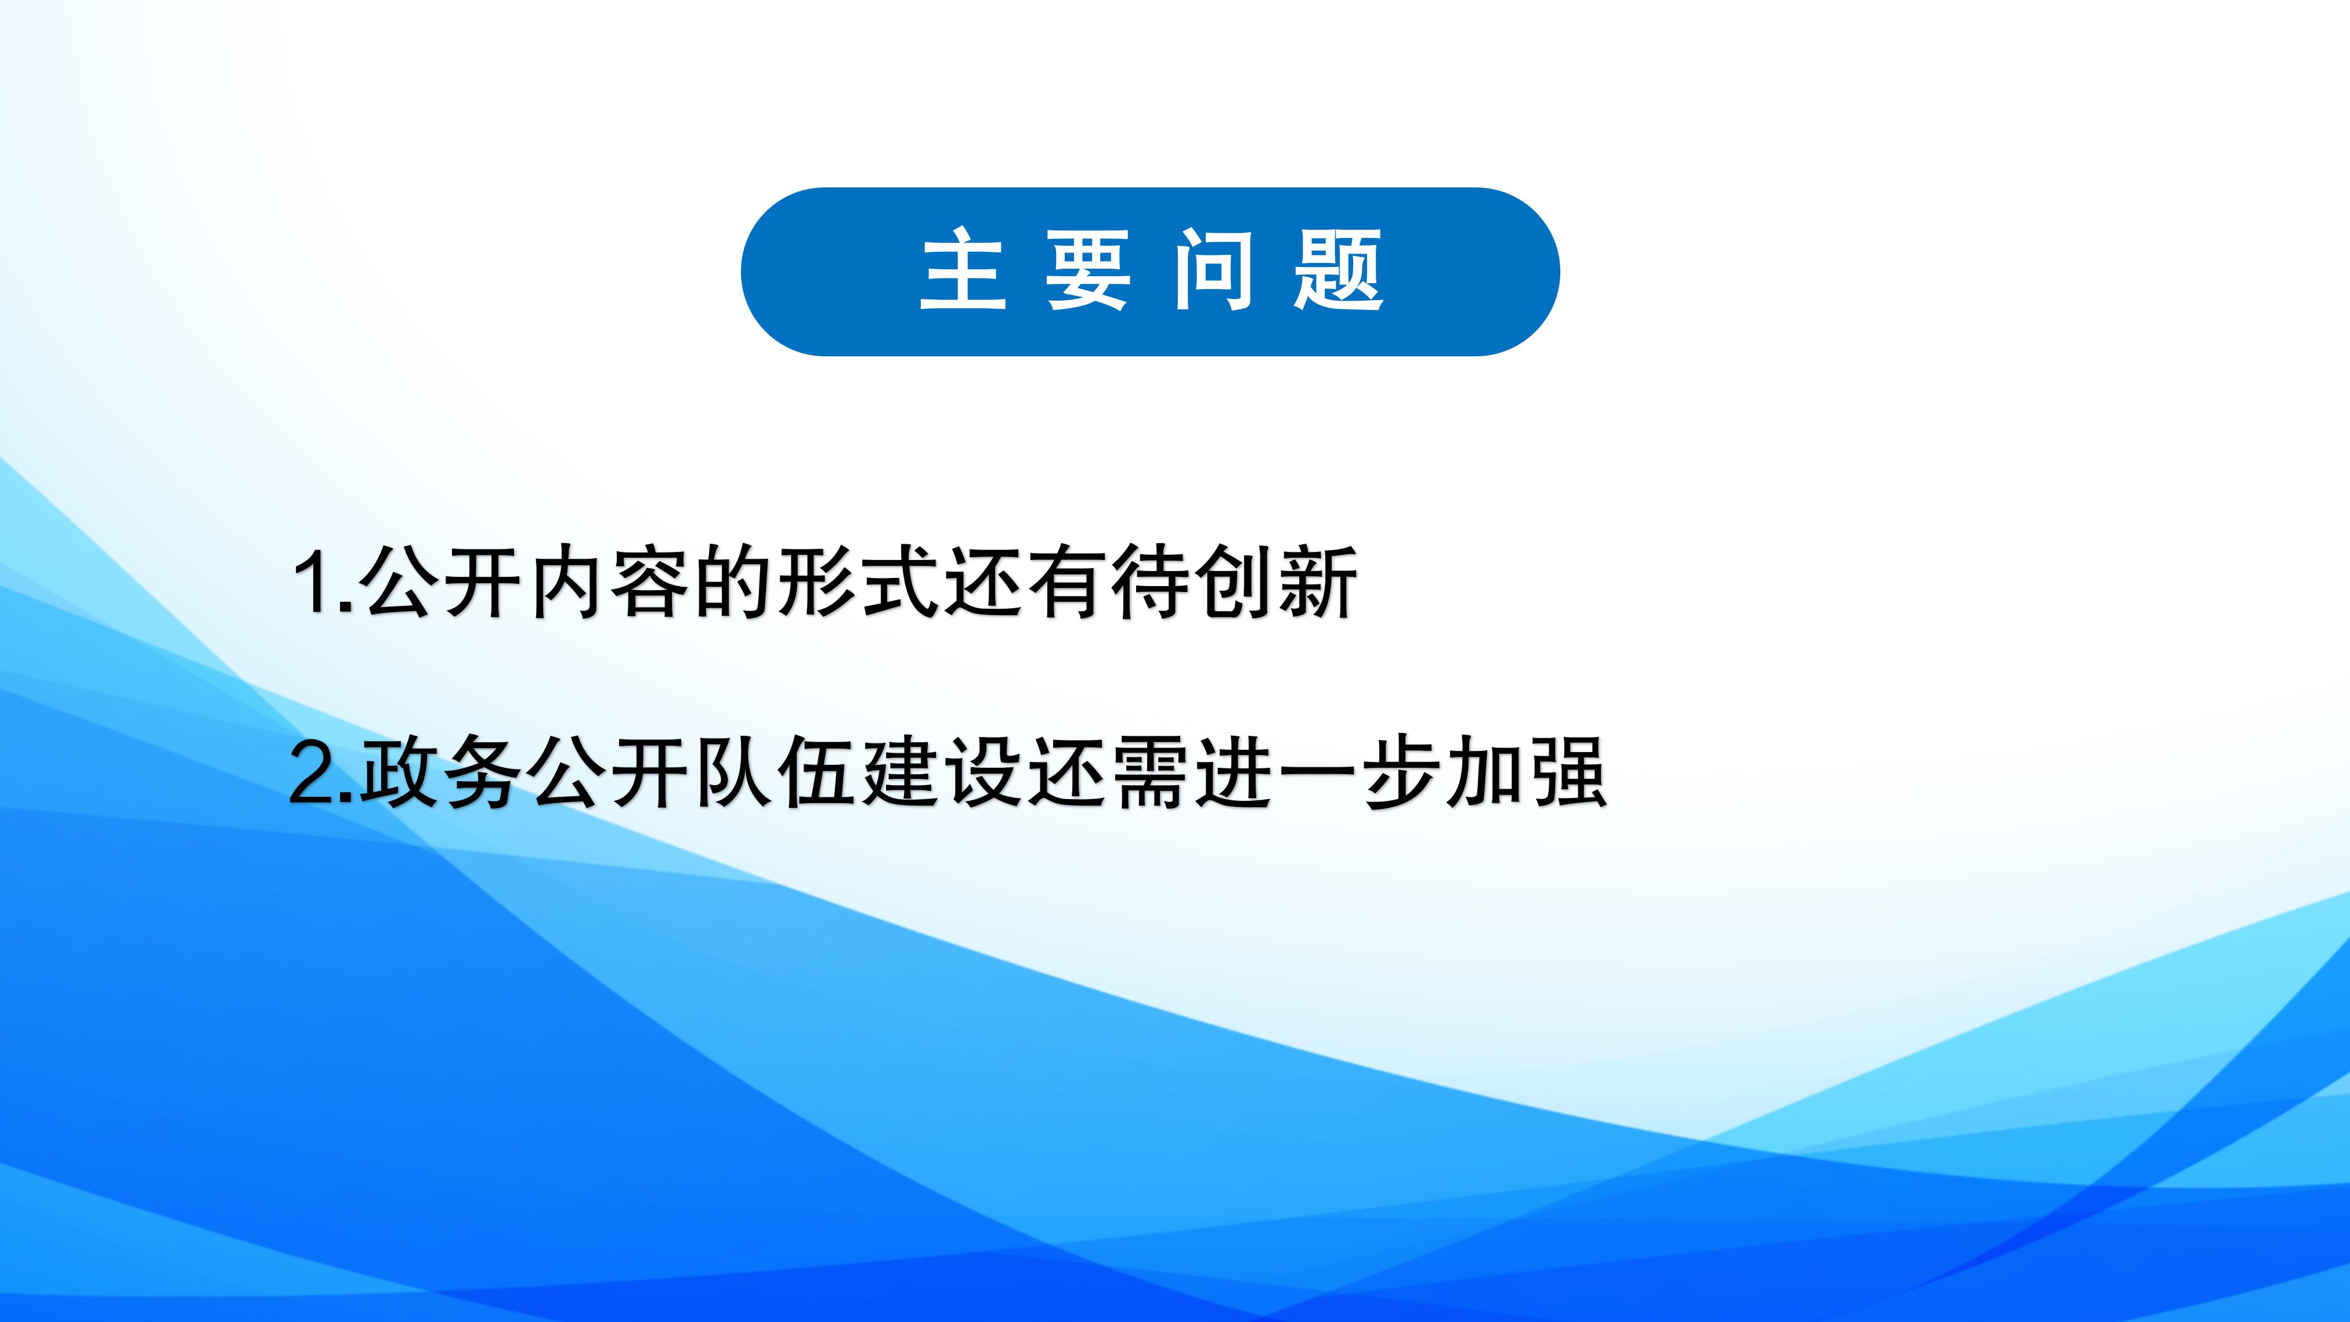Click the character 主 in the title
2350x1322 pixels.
pyautogui.click(x=963, y=271)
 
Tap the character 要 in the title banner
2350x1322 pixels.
pyautogui.click(x=1087, y=271)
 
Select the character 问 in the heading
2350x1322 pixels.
pyautogui.click(x=1213, y=271)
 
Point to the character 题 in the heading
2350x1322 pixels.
pyautogui.click(x=1338, y=271)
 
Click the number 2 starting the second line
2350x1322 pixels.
pyautogui.click(x=313, y=773)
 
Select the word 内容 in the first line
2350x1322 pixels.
pyautogui.click(x=609, y=582)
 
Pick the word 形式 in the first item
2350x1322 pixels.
pyautogui.click(x=858, y=582)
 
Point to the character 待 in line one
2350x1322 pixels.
pyautogui.click(x=1149, y=582)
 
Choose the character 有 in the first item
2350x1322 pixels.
pyautogui.click(x=1065, y=582)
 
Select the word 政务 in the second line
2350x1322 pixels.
pyautogui.click(x=440, y=773)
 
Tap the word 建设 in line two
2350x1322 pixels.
pyautogui.click(x=942, y=773)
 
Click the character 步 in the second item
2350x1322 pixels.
pyautogui.click(x=1401, y=773)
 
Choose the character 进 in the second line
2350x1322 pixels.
pyautogui.click(x=1234, y=773)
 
